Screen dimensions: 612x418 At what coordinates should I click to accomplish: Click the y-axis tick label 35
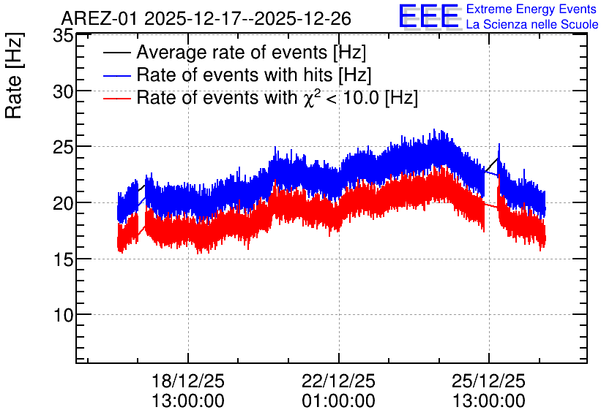63,36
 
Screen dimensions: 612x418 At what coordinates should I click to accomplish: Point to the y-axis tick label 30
63,92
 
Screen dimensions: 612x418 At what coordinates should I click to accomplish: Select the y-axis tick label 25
63,148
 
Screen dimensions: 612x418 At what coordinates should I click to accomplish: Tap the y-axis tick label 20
63,203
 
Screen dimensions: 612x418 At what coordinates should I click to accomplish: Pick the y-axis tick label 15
63,259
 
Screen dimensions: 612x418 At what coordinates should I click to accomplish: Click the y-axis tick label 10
63,315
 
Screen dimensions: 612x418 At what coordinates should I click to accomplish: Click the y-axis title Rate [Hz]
14,75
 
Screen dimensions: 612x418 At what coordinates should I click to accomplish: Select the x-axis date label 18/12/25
187,381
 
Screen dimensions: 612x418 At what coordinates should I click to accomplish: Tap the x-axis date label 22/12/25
338,381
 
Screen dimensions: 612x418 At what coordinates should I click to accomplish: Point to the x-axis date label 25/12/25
489,381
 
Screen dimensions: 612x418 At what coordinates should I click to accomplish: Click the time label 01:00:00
338,401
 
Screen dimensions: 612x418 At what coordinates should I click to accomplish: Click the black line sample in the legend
116,53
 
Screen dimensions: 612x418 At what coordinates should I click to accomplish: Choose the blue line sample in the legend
116,75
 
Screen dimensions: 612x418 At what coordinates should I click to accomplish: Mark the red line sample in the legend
116,98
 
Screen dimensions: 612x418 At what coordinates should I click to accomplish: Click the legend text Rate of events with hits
234,75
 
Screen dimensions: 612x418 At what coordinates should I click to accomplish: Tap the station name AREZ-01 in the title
99,19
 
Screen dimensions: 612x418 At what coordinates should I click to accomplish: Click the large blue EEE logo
428,16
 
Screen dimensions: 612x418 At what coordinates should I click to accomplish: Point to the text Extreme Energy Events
531,9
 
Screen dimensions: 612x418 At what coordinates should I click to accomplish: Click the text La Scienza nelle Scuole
532,24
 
